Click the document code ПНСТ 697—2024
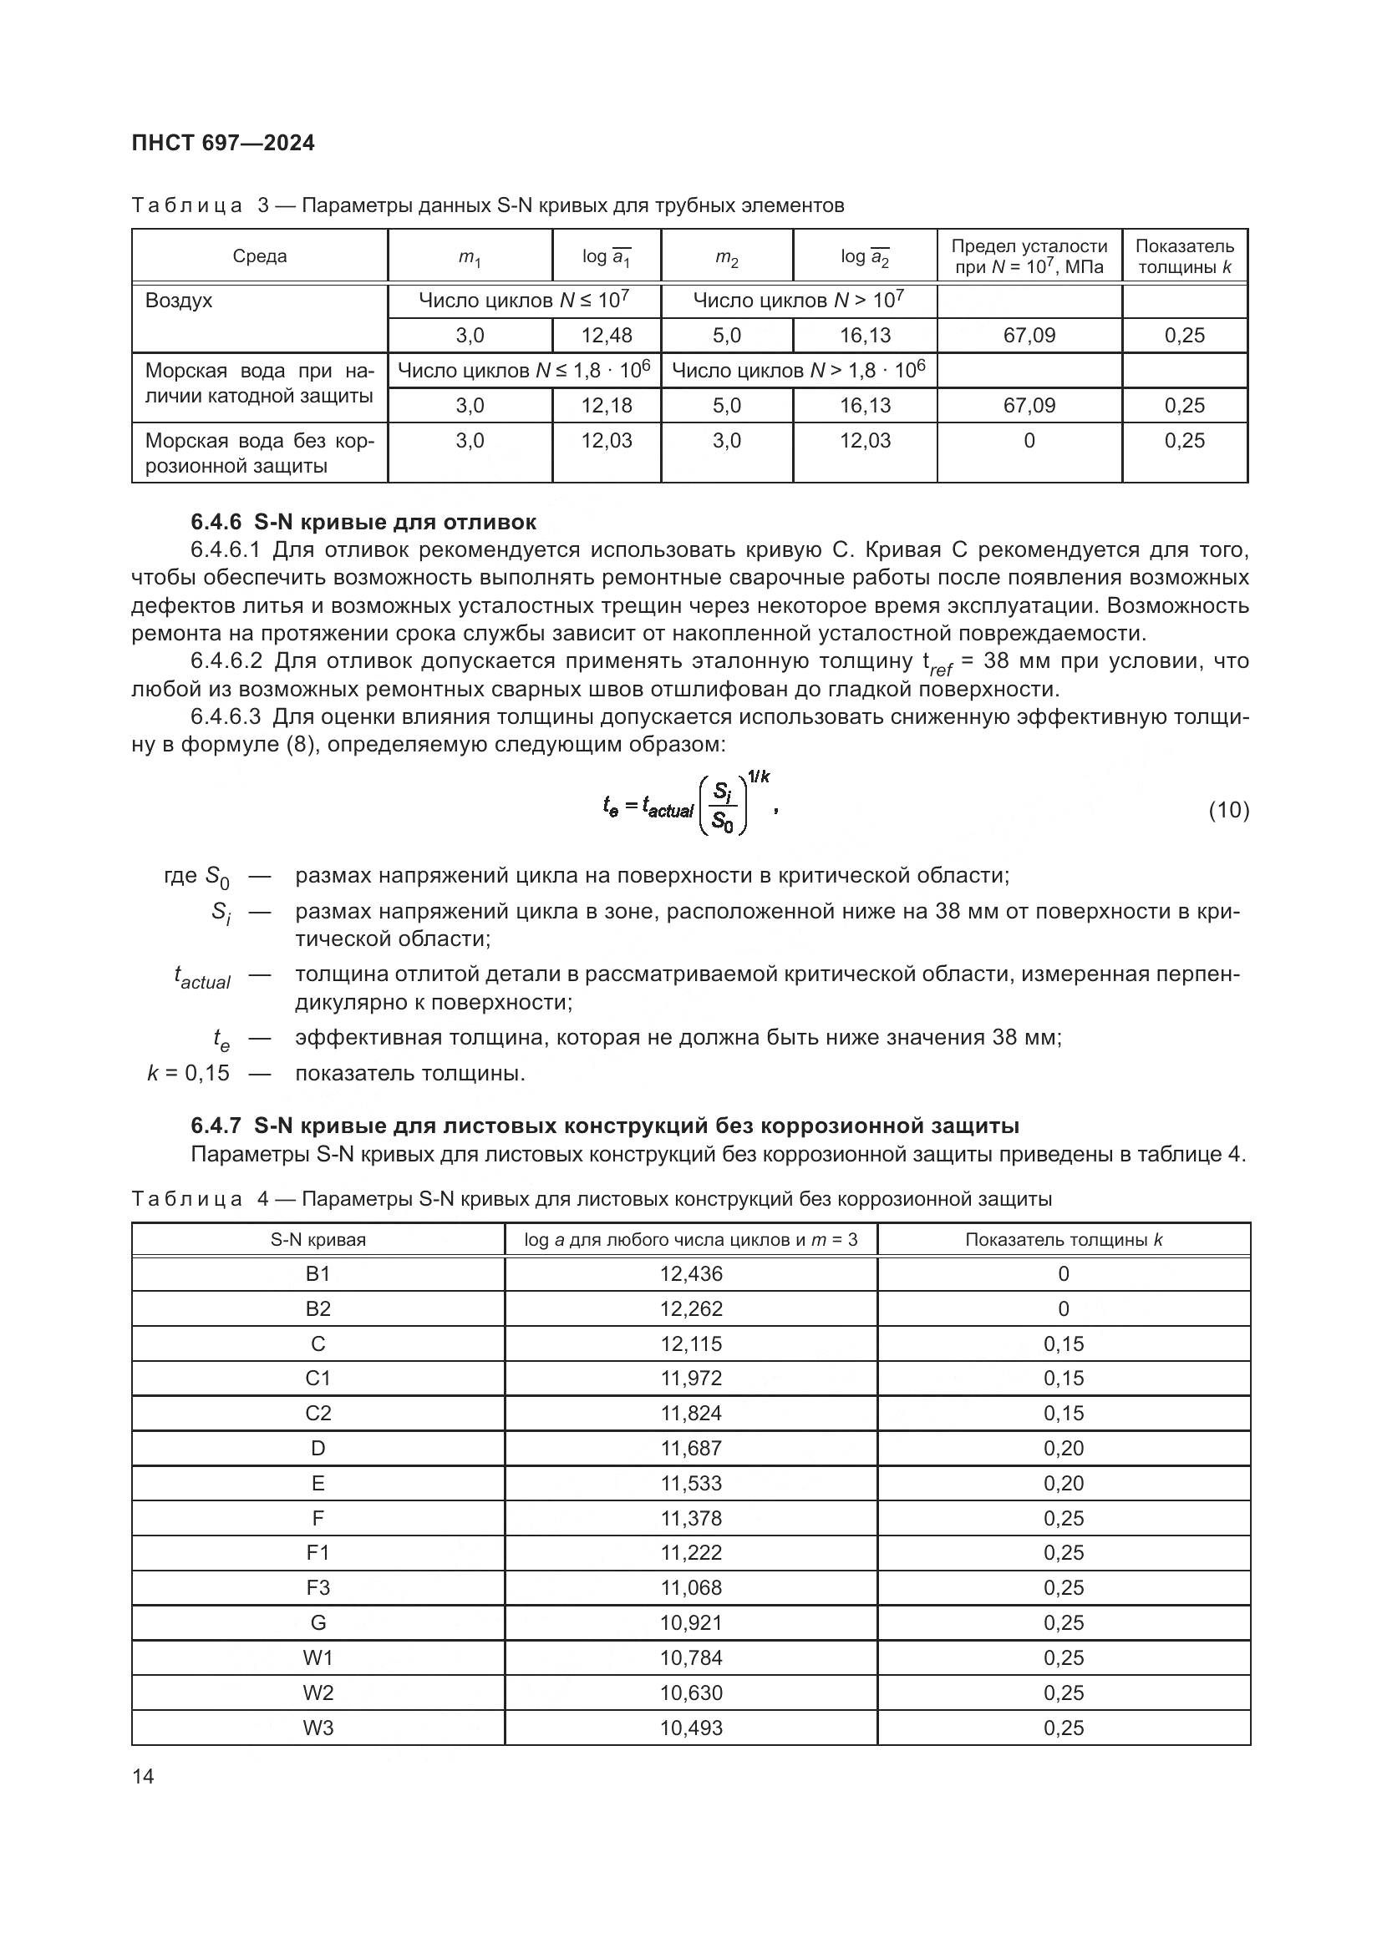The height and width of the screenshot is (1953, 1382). pyautogui.click(x=223, y=144)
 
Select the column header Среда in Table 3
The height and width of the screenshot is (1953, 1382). pyautogui.click(x=260, y=256)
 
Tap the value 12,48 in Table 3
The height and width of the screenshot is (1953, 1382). pyautogui.click(x=607, y=335)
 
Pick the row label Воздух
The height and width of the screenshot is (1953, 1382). pyautogui.click(x=179, y=301)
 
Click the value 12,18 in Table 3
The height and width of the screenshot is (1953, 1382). pyautogui.click(x=607, y=405)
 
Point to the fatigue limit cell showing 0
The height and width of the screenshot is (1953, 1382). pyautogui.click(x=1029, y=441)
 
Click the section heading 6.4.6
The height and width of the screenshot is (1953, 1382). pyautogui.click(x=363, y=521)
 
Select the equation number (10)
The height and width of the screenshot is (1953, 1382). pyautogui.click(x=1228, y=810)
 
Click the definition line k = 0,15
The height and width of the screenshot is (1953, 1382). pyautogui.click(x=189, y=1073)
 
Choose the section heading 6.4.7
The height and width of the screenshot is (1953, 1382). pyautogui.click(x=604, y=1126)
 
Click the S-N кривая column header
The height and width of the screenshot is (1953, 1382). pyautogui.click(x=318, y=1239)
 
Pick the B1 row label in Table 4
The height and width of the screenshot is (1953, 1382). pyautogui.click(x=318, y=1273)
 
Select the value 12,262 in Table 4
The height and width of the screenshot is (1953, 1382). pyautogui.click(x=691, y=1308)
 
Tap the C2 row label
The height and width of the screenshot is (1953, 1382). pyautogui.click(x=318, y=1413)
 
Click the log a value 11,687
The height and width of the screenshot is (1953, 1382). pyautogui.click(x=691, y=1448)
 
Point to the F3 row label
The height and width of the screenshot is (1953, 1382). pyautogui.click(x=318, y=1587)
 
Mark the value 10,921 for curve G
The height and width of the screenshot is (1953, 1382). pyautogui.click(x=691, y=1622)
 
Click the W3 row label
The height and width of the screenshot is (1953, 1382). pyautogui.click(x=318, y=1728)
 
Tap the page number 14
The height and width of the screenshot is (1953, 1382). pyautogui.click(x=144, y=1776)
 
